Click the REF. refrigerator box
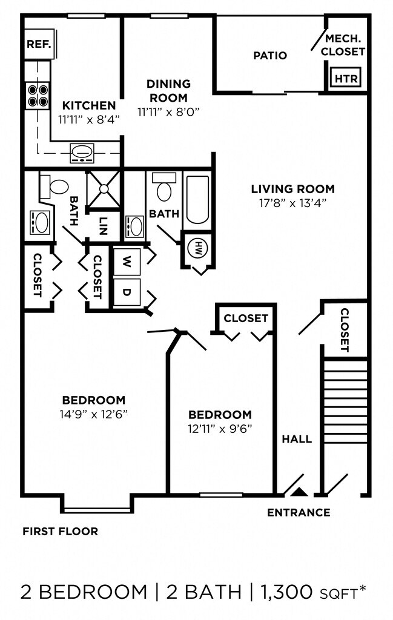39,44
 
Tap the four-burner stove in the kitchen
38,96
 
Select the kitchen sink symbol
82,153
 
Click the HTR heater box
346,78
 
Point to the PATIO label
270,55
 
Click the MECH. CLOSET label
343,45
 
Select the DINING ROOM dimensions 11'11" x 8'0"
168,112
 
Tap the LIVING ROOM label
293,189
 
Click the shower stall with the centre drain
103,189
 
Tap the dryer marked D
127,292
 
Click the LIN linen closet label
103,226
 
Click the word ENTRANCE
299,512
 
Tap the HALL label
297,439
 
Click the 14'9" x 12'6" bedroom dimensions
94,414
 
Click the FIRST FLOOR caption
60,531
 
